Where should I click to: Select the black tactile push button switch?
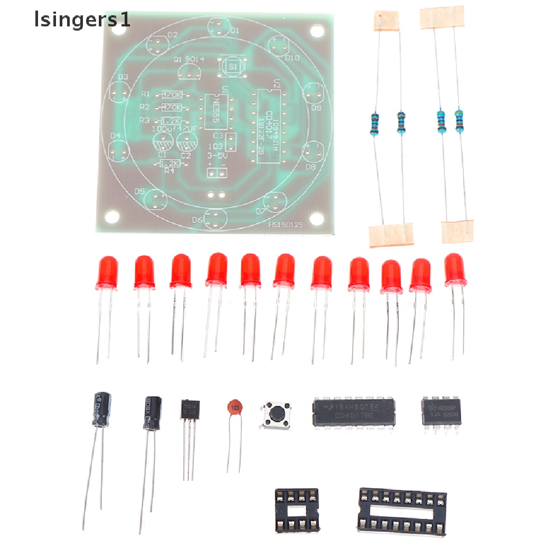pos(275,414)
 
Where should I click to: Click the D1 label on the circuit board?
pos(235,31)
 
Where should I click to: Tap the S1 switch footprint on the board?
pos(233,67)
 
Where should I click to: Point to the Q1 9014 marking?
pos(189,59)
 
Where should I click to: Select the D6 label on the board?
pos(197,220)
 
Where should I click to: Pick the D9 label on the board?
pos(316,108)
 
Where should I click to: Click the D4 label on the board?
pos(115,136)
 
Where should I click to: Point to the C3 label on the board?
pos(217,136)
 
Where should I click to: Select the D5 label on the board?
pos(139,191)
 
